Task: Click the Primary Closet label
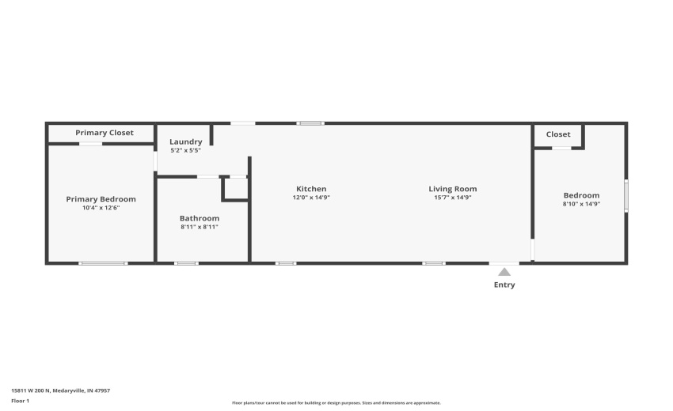pos(105,133)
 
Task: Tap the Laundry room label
pos(185,142)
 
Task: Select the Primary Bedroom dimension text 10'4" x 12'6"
pos(101,208)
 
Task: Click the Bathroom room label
pos(200,218)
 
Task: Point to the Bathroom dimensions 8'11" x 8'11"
pos(200,227)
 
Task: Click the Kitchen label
pos(311,189)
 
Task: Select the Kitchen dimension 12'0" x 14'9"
pos(311,198)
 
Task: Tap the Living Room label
pos(453,189)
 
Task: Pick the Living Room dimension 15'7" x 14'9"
pos(453,198)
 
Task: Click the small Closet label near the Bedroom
pos(558,134)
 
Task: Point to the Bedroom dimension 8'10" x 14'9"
pos(581,204)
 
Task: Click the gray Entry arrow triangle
pos(504,272)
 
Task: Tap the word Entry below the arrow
pos(504,285)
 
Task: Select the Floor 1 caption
pos(20,401)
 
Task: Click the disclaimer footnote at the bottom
pos(336,402)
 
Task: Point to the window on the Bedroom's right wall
pos(625,195)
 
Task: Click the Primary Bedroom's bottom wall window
pos(103,263)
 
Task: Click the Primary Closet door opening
pos(90,144)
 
